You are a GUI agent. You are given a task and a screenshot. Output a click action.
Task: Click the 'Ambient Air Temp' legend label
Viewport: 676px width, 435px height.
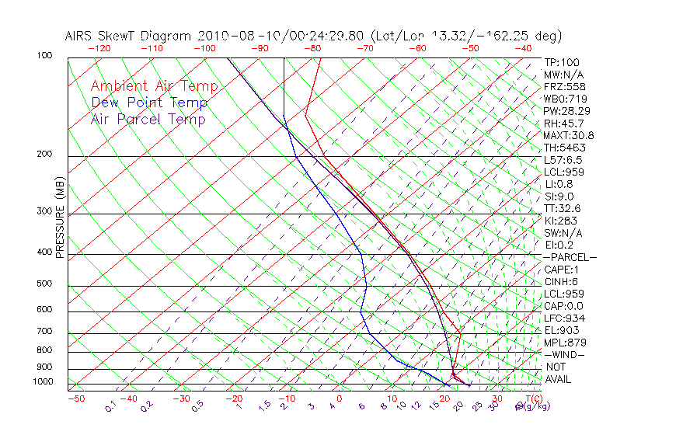tap(154, 86)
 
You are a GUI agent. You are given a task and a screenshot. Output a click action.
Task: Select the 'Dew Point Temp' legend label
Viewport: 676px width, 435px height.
tap(149, 103)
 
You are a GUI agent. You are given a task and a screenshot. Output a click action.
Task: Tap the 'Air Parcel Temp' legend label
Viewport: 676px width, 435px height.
tap(148, 119)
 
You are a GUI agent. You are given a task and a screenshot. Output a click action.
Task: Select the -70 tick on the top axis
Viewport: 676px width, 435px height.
tap(364, 48)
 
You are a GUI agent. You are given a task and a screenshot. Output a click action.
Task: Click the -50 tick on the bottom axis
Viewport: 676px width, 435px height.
tap(75, 398)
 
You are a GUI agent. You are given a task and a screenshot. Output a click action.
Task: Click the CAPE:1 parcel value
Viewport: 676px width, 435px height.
tap(562, 270)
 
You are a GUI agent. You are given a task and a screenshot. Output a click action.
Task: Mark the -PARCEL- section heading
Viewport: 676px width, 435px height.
tap(570, 257)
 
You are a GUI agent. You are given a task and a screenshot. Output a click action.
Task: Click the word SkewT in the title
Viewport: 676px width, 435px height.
tap(145, 36)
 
